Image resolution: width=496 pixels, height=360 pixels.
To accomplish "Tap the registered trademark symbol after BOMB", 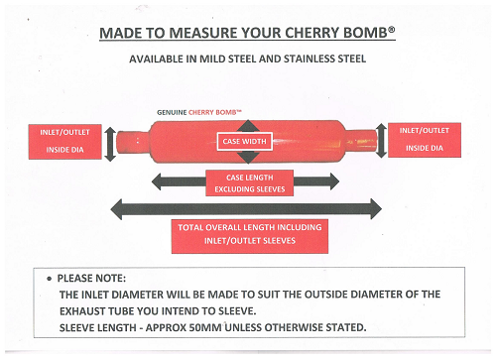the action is [x=392, y=30].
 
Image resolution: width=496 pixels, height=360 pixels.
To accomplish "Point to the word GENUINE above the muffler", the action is [x=172, y=112].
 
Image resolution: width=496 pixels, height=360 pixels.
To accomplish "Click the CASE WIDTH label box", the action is [x=245, y=142].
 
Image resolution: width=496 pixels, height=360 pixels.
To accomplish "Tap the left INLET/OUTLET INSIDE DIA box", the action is [x=64, y=142].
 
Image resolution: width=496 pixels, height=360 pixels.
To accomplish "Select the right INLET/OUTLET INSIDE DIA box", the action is [x=425, y=140].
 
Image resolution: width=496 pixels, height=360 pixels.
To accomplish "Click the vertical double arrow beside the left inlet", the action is [x=110, y=145].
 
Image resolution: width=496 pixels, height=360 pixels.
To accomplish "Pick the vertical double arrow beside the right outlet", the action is [x=381, y=141].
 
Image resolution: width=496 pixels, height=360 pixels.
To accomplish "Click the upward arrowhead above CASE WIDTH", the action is [x=248, y=126].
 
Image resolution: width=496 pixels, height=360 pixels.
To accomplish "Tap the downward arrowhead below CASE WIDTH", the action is [x=248, y=157].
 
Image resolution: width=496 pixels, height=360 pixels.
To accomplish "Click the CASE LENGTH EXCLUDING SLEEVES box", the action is [x=250, y=183].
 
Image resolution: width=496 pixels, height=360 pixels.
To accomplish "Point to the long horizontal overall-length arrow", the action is [x=246, y=209].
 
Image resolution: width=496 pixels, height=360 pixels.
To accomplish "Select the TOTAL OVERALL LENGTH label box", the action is [x=250, y=236].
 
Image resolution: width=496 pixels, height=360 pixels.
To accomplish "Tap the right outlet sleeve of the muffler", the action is [x=361, y=141].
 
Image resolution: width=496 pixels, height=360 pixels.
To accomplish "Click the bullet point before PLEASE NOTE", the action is [x=50, y=279].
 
